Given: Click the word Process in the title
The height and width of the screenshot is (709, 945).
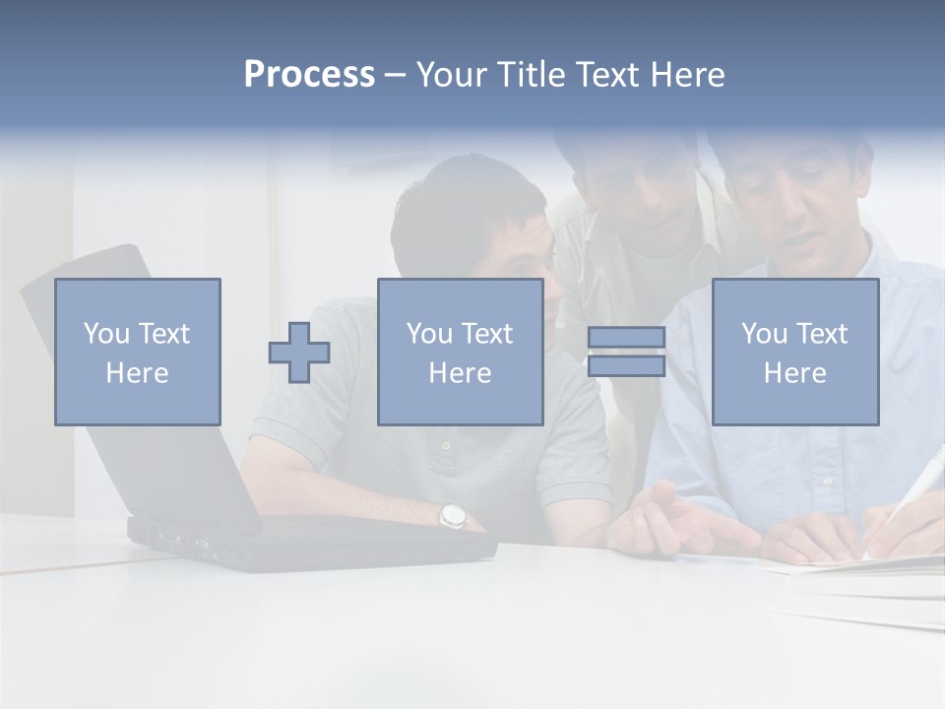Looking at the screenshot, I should click(309, 75).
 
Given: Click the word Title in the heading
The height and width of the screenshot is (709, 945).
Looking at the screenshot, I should click(530, 75).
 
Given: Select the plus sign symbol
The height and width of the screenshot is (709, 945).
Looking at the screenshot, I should click(299, 353).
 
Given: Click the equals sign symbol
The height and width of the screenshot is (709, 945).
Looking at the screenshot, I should click(626, 352).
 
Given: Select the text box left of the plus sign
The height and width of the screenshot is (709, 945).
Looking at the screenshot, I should click(138, 352).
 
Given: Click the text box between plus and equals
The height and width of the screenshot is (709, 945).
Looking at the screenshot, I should click(460, 352).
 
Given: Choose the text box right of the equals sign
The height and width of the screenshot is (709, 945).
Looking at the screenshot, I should click(795, 352).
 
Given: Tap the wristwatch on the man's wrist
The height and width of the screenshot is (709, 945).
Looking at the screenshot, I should click(452, 514).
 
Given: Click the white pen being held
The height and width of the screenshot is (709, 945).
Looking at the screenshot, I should click(911, 487).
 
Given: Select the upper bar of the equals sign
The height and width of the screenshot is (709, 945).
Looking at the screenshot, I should click(626, 337).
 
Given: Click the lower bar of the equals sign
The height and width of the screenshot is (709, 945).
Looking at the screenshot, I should click(626, 366).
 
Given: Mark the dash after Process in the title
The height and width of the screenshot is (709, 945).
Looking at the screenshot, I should click(395, 76).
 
